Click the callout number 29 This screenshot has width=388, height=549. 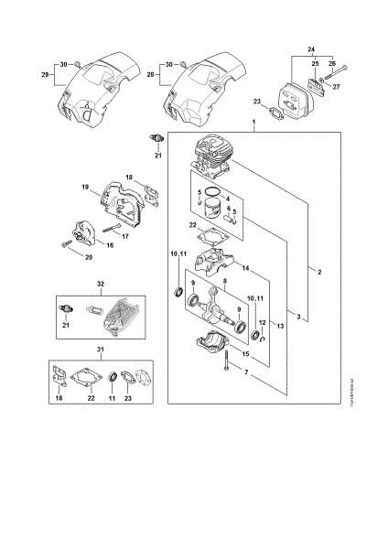[x=46, y=74]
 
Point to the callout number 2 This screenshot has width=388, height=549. [x=318, y=271]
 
